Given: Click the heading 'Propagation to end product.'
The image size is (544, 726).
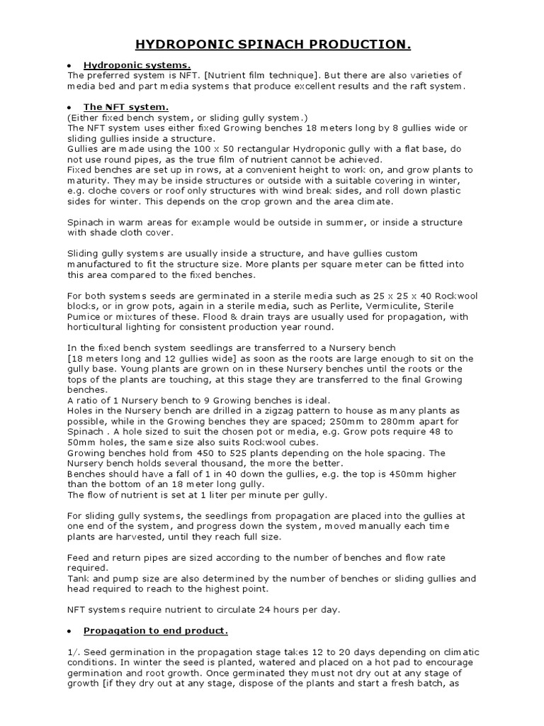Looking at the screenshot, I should pyautogui.click(x=156, y=630).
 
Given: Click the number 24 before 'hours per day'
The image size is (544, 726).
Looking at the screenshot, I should pyautogui.click(x=266, y=609).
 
